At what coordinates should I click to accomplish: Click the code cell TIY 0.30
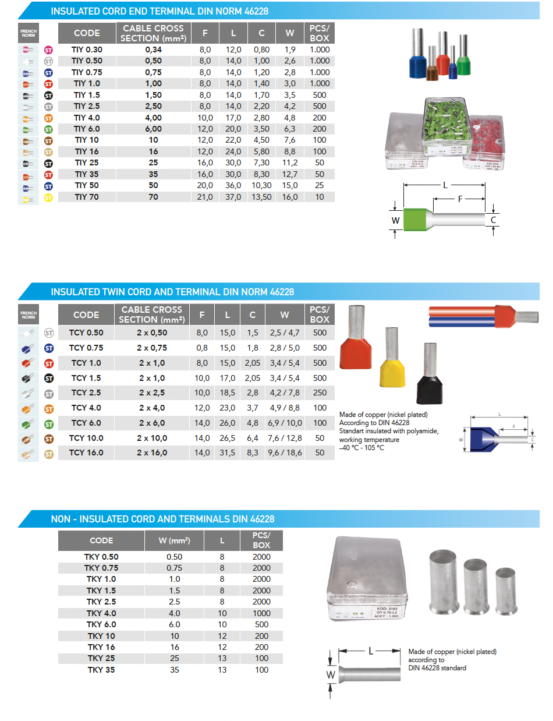[x=87, y=50]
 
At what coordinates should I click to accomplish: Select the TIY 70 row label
[x=87, y=197]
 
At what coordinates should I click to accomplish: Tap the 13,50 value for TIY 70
[x=261, y=197]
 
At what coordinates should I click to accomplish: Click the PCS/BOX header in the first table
[x=320, y=33]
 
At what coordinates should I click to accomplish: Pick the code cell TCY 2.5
[x=86, y=393]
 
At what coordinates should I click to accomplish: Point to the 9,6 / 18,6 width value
[x=284, y=453]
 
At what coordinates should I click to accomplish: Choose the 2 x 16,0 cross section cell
[x=152, y=453]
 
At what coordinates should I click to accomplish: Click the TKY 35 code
[x=101, y=670]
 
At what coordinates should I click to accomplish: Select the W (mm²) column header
[x=174, y=540]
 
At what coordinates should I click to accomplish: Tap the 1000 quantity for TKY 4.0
[x=262, y=613]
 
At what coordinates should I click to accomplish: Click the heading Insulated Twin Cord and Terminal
[x=172, y=292]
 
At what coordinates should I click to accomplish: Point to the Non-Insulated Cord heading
[x=162, y=519]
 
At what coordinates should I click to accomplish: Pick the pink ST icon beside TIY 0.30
[x=48, y=50]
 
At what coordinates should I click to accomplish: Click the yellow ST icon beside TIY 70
[x=48, y=198]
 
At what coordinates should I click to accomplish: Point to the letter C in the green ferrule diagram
[x=494, y=220]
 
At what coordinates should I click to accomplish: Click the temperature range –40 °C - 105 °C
[x=361, y=447]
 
